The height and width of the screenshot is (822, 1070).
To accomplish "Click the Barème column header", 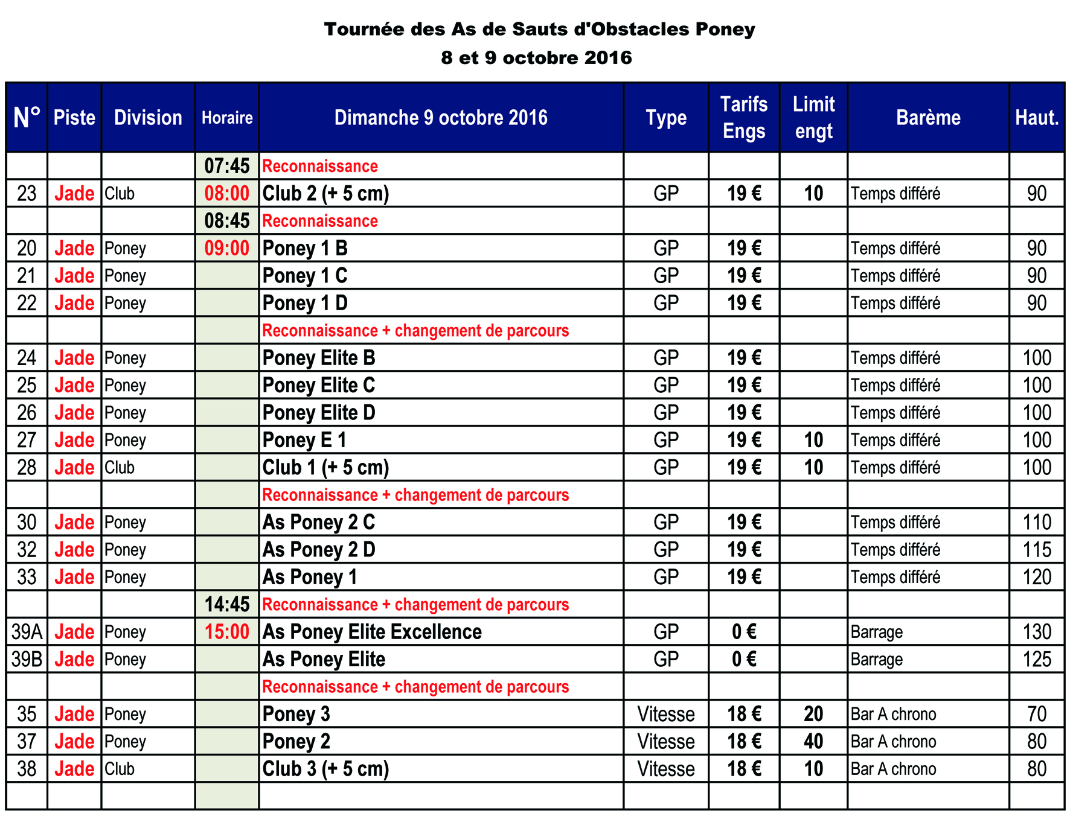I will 928,118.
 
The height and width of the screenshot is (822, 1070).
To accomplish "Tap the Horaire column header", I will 227,118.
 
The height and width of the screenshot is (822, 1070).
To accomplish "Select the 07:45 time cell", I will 227,166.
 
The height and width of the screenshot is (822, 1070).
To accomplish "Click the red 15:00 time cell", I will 227,632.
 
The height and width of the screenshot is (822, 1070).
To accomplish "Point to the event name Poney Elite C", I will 319,385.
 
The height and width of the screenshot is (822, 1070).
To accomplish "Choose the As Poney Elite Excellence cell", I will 372,632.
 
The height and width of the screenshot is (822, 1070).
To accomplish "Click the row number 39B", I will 27,659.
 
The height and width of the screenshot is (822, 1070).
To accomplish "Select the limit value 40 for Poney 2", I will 813,741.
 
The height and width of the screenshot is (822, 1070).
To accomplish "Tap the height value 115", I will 1037,550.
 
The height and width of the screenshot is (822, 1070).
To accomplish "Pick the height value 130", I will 1037,632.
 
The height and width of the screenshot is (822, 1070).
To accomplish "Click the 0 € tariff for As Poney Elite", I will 744,659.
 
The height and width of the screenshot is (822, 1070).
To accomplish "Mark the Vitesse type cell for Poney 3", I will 666,714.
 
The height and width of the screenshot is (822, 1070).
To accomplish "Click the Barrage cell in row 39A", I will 877,632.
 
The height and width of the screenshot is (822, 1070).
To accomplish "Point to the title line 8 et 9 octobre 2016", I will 536,58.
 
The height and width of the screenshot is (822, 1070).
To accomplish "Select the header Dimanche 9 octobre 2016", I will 441,118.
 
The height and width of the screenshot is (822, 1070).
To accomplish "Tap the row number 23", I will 27,194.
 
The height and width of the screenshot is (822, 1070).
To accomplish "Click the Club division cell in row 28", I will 120,468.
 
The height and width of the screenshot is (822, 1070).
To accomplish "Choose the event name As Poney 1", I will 310,577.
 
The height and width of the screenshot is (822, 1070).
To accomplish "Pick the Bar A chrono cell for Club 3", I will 894,769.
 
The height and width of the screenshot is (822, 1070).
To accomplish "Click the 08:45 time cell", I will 227,221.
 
